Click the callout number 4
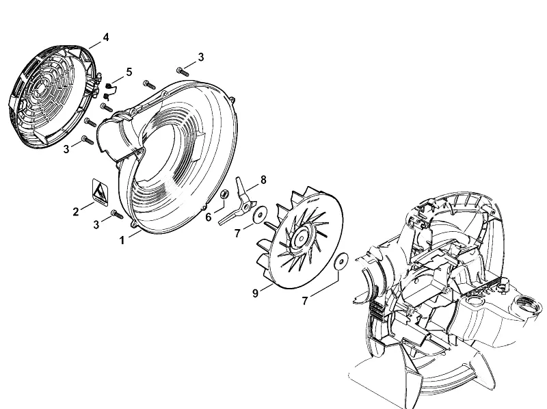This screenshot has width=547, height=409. pos(106,37)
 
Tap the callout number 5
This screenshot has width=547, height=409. pos(129,72)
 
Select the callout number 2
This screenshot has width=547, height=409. pos(76,211)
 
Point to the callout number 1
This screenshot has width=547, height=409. pos(122,241)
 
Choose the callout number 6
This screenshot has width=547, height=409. pos(209,217)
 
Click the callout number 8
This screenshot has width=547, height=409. pos(263,180)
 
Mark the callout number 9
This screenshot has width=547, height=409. pos(255,293)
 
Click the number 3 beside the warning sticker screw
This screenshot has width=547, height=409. pos(96,225)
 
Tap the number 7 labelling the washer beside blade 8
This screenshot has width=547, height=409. pos(237,233)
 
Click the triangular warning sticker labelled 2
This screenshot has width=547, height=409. pos(100,192)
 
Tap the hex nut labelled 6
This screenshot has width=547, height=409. pos(225,194)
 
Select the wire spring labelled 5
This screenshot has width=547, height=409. pos(109,90)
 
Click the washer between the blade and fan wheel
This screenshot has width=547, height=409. pos(260,213)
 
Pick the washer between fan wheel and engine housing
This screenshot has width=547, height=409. pos(341,261)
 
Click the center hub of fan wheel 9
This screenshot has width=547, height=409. pos(300,239)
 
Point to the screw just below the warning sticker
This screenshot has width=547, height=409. pos(117,214)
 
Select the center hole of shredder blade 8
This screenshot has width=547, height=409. pos(246,207)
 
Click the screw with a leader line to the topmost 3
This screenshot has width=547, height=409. pos(183,72)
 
